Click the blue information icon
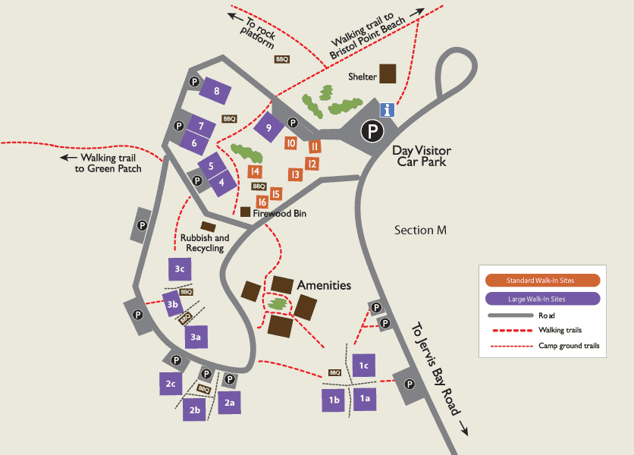pyautogui.click(x=388, y=110)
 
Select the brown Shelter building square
pyautogui.click(x=388, y=73)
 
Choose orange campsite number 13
pyautogui.click(x=295, y=174)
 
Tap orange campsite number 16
pyautogui.click(x=262, y=202)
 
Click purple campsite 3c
pyautogui.click(x=180, y=269)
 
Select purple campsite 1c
pyautogui.click(x=364, y=365)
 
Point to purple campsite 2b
pyautogui.click(x=195, y=410)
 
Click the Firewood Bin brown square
pyautogui.click(x=245, y=212)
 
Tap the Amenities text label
pyautogui.click(x=324, y=285)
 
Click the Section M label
pyautogui.click(x=419, y=230)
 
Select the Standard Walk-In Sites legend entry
pyautogui.click(x=540, y=281)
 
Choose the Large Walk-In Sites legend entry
pyautogui.click(x=540, y=299)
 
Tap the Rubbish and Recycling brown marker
pyautogui.click(x=208, y=226)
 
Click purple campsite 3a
pyautogui.click(x=196, y=336)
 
